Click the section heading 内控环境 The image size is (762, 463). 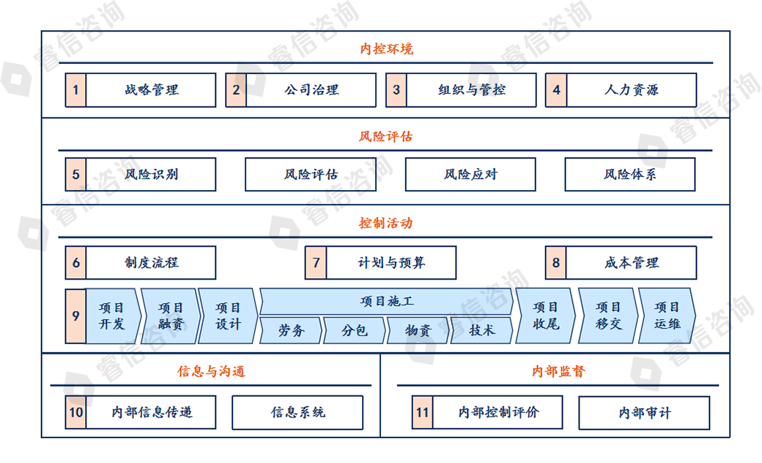(386, 48)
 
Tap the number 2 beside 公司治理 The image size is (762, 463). (236, 90)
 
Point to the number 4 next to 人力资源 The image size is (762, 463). (556, 90)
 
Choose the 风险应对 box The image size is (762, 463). (470, 175)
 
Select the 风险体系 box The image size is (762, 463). (630, 175)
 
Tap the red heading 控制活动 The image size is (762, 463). (386, 223)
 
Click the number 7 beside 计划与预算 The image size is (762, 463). (316, 263)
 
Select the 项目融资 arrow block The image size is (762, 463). (171, 316)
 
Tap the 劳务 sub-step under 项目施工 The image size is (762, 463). (291, 331)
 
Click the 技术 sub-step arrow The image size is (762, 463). (481, 331)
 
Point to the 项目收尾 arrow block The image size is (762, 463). (545, 316)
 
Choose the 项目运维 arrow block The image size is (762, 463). (667, 316)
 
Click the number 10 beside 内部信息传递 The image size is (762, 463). (75, 412)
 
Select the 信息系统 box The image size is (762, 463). (297, 412)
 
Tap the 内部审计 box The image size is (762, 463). (644, 413)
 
